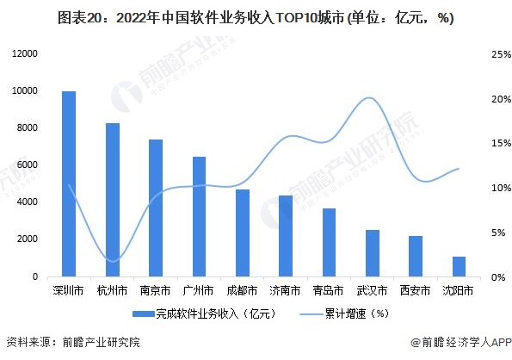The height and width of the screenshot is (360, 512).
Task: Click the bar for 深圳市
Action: coord(69,184)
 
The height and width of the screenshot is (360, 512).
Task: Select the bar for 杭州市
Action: coord(113,200)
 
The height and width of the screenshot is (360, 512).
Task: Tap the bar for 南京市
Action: coord(156,208)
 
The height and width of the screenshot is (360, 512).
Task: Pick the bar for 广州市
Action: coord(199,216)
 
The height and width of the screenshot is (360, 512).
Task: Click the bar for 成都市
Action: coord(243,233)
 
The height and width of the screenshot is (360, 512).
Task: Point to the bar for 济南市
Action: coord(286,236)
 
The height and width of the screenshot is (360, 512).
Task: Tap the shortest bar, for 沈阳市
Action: coord(459,266)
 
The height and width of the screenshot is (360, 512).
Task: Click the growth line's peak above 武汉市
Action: coord(369,97)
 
